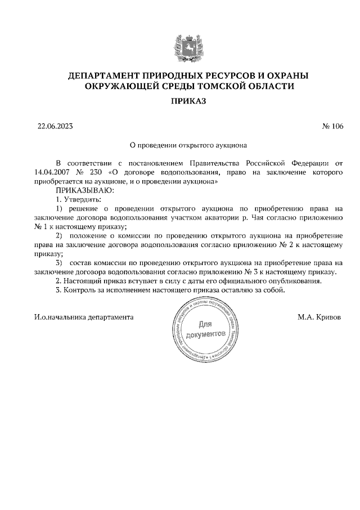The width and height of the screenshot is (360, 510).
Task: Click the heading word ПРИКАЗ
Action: pos(180,101)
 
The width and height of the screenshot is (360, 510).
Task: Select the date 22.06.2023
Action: pos(55,126)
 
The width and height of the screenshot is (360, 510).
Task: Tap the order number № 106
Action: pos(332,126)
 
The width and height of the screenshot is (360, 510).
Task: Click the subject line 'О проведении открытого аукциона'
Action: pos(181,144)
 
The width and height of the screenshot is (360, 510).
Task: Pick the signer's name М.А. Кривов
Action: pos(319,317)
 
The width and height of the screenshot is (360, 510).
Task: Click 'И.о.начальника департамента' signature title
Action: pos(84,317)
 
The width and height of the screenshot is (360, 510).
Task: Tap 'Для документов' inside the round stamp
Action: pos(206,329)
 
